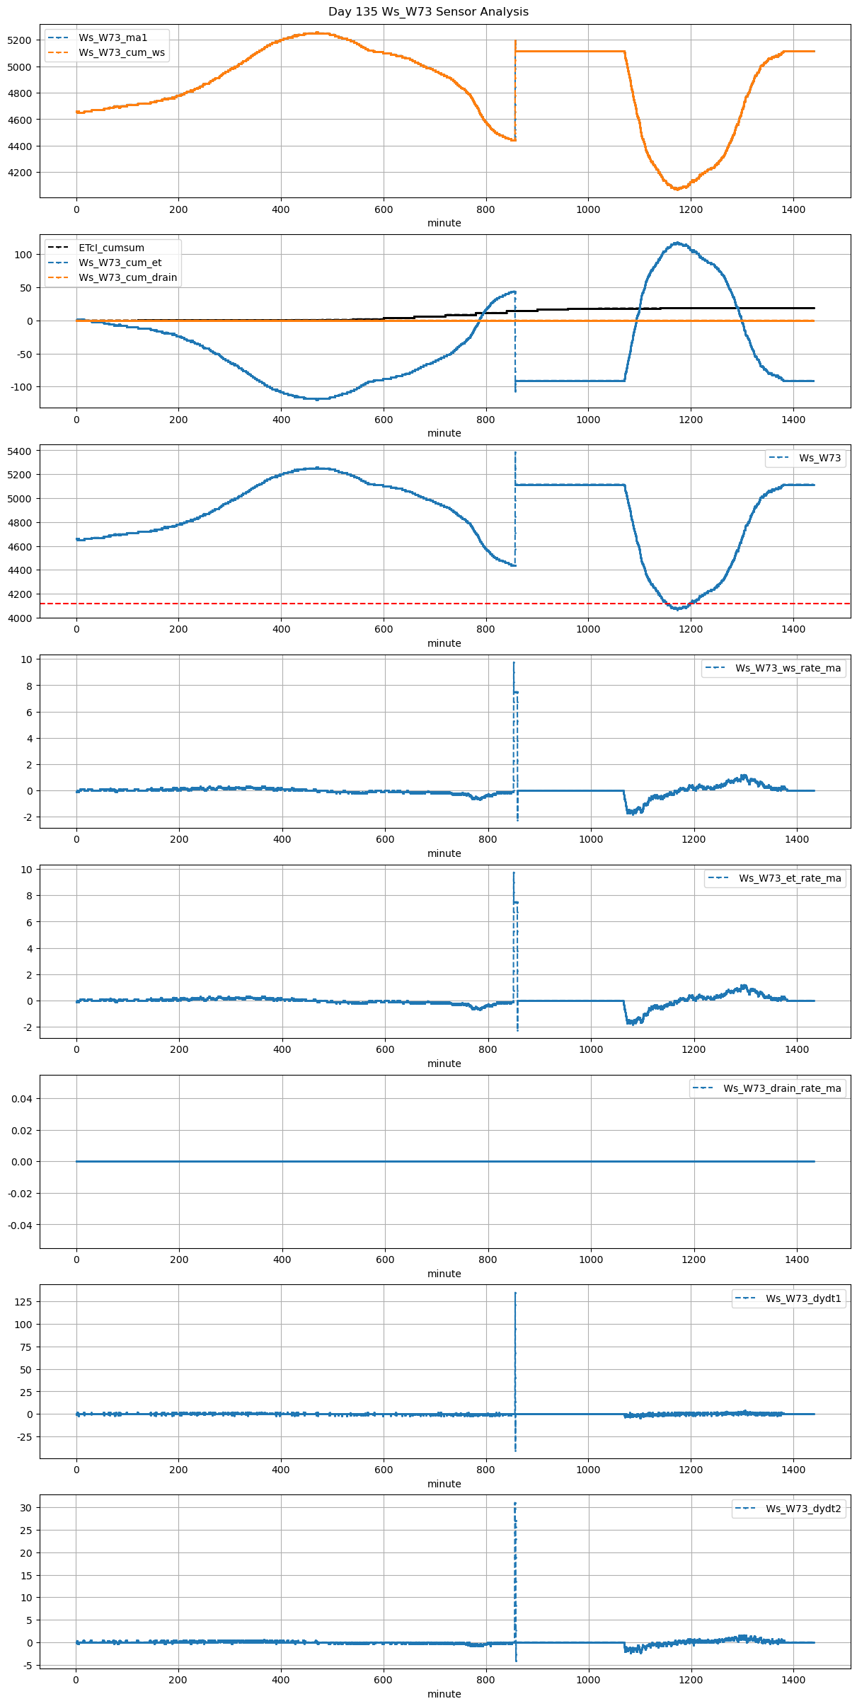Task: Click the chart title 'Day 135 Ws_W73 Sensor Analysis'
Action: click(428, 12)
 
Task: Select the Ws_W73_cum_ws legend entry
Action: click(121, 52)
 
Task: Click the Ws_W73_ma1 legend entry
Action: click(113, 38)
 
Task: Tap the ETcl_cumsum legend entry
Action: click(111, 248)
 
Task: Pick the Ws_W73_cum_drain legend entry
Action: click(127, 277)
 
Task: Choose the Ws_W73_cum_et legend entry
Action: click(120, 263)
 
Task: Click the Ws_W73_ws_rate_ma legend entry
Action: click(788, 668)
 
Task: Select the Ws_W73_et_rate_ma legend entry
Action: click(790, 878)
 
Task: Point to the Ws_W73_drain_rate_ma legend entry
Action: click(782, 1088)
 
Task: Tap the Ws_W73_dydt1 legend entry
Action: click(803, 1298)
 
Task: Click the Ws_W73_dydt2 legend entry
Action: click(803, 1509)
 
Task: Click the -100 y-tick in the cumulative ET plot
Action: click(21, 387)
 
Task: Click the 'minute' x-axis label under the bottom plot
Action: click(444, 1694)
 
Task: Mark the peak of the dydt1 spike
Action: click(515, 1293)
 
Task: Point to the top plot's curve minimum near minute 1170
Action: click(677, 189)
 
